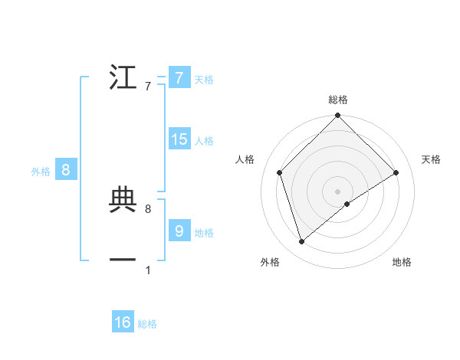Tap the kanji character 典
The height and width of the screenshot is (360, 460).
123,199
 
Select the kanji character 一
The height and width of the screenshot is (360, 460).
123,260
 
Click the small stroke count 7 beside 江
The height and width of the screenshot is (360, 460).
148,87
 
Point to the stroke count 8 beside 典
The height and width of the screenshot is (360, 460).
148,208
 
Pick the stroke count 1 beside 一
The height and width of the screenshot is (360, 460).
148,270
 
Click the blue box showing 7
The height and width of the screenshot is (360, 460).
179,78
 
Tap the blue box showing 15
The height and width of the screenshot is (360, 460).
179,139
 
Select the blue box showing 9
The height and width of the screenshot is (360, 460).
179,230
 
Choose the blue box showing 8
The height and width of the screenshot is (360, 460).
66,170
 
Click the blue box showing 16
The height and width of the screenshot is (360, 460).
123,322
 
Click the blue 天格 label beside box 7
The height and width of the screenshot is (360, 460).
203,80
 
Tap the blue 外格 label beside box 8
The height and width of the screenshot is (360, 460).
41,172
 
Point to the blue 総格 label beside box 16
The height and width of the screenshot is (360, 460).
147,324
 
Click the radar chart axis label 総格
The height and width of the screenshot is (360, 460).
338,100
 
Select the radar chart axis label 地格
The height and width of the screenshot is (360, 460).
402,263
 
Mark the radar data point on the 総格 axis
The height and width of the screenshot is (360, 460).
338,116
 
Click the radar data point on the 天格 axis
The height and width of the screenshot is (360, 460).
396,172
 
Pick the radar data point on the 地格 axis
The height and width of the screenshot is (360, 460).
347,204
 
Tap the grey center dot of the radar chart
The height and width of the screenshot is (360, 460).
338,191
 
